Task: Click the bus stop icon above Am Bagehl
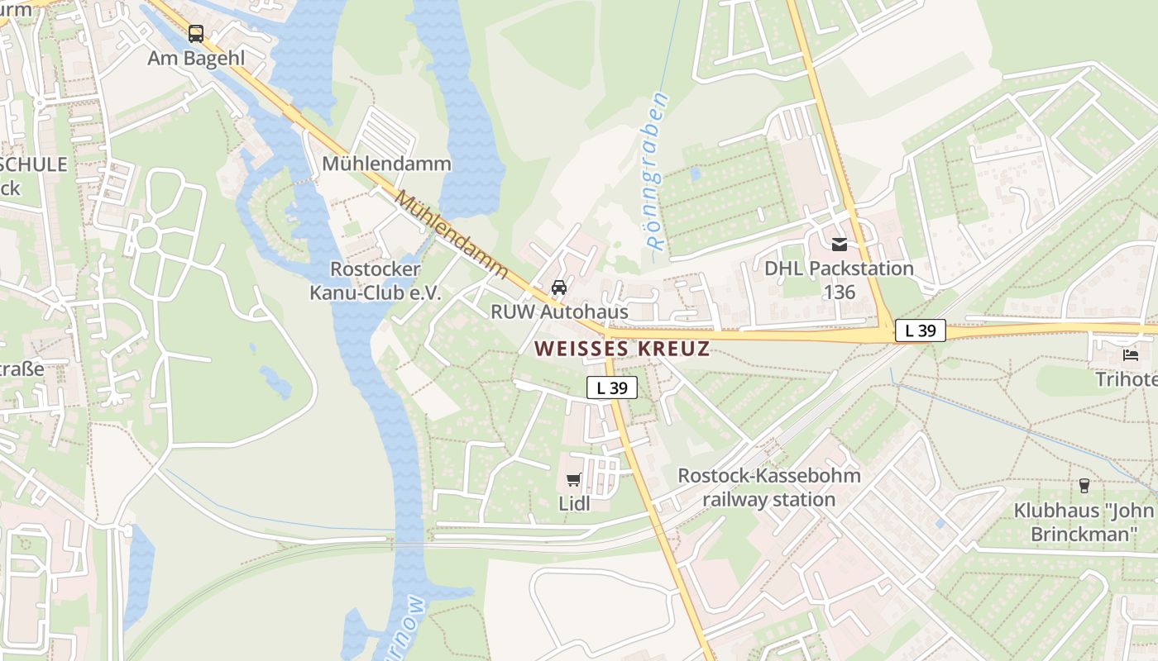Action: (x=195, y=34)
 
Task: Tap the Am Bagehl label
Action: (x=196, y=58)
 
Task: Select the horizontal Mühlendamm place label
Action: (x=386, y=163)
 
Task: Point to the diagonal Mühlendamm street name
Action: (x=451, y=236)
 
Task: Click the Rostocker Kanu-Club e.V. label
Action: (x=376, y=281)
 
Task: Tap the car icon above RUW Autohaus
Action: (x=559, y=288)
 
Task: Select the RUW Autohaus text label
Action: (x=559, y=311)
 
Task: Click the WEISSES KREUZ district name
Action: (x=621, y=348)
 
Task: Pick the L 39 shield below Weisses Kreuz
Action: (x=612, y=388)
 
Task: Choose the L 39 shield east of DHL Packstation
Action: (x=920, y=330)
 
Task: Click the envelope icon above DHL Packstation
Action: (x=840, y=245)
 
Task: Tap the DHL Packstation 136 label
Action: (x=839, y=280)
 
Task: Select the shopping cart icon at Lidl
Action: (x=573, y=479)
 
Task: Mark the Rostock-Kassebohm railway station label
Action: (x=768, y=487)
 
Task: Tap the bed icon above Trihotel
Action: (x=1131, y=355)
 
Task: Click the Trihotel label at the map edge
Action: (x=1126, y=379)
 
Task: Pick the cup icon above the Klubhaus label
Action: (x=1084, y=486)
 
